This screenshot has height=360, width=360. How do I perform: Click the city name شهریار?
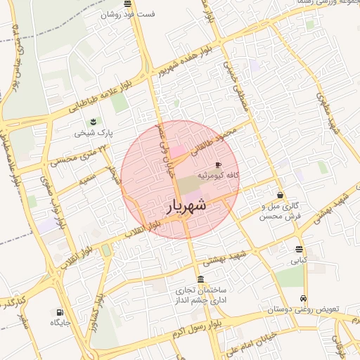pyautogui.click(x=186, y=205)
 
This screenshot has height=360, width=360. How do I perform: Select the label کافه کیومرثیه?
pyautogui.click(x=219, y=174)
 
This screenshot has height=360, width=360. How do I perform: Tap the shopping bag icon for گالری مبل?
pyautogui.click(x=281, y=195)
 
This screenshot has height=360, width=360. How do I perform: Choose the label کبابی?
pyautogui.click(x=300, y=260)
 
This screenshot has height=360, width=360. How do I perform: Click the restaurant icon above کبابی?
pyautogui.click(x=300, y=250)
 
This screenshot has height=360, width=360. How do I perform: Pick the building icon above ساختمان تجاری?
pyautogui.click(x=202, y=279)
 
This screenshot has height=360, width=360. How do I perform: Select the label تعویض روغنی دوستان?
pyautogui.click(x=304, y=309)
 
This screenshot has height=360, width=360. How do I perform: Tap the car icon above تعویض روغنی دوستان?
pyautogui.click(x=303, y=298)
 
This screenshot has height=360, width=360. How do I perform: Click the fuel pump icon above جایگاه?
pyautogui.click(x=59, y=312)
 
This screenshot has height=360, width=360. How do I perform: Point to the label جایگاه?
pyautogui.click(x=60, y=323)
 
